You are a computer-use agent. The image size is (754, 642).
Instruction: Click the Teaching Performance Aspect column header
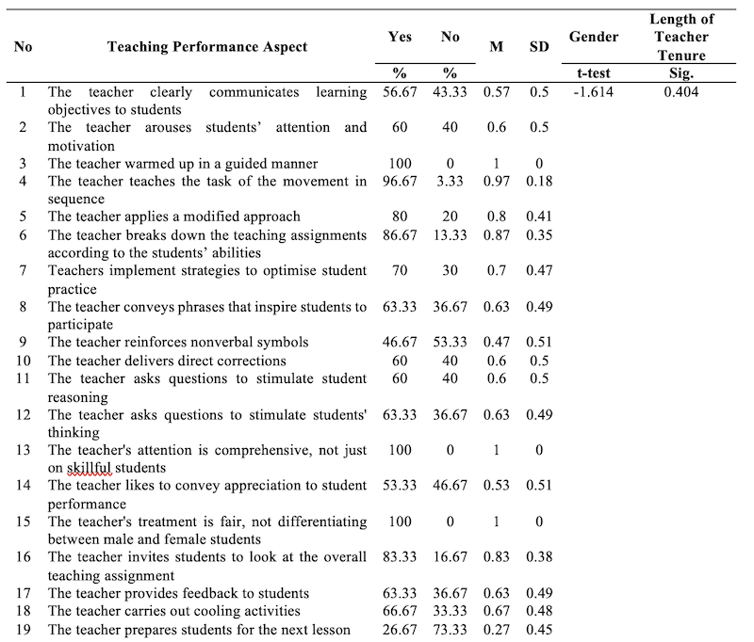(206, 47)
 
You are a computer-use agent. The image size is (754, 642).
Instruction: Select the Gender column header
(594, 37)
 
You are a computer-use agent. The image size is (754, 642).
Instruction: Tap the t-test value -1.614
(594, 92)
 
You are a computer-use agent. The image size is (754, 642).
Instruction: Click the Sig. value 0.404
(680, 92)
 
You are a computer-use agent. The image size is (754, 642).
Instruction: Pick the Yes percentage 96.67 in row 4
(400, 181)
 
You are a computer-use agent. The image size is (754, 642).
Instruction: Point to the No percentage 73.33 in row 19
(450, 629)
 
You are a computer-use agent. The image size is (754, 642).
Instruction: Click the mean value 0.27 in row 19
(496, 629)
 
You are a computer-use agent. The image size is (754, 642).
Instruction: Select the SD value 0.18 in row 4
(539, 181)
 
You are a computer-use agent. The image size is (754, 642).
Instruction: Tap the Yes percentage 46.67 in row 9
(400, 343)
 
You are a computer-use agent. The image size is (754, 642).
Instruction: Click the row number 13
(23, 450)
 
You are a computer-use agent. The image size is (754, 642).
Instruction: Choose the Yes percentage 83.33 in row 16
(400, 557)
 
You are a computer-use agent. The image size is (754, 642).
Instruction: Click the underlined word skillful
(86, 467)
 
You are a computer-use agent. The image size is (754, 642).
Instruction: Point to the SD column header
(539, 47)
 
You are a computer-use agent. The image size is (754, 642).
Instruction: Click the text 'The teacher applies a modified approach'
(174, 217)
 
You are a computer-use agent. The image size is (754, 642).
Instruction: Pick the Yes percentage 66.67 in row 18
(400, 611)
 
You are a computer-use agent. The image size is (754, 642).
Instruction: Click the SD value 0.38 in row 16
(539, 557)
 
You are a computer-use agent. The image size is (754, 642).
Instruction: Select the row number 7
(23, 271)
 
